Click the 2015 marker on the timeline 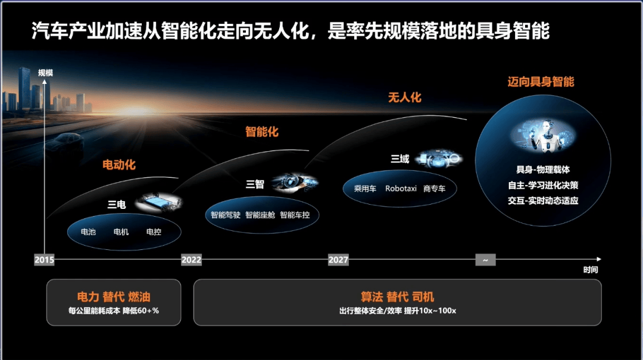point(44,259)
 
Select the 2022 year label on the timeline point(192,259)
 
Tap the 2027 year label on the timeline point(338,259)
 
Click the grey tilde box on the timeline point(486,260)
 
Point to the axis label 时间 point(591,270)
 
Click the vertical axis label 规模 point(45,73)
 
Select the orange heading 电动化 point(119,165)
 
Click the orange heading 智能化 point(262,132)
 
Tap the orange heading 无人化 point(405,98)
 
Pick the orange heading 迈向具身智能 point(541,82)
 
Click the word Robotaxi point(401,189)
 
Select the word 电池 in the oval point(88,232)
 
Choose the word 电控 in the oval point(154,232)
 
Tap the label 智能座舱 point(260,215)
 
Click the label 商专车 point(434,189)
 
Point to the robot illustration point(544,135)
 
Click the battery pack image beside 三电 point(159,202)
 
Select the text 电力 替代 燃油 point(114,297)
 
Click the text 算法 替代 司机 point(397,297)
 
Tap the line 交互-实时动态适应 point(543,201)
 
